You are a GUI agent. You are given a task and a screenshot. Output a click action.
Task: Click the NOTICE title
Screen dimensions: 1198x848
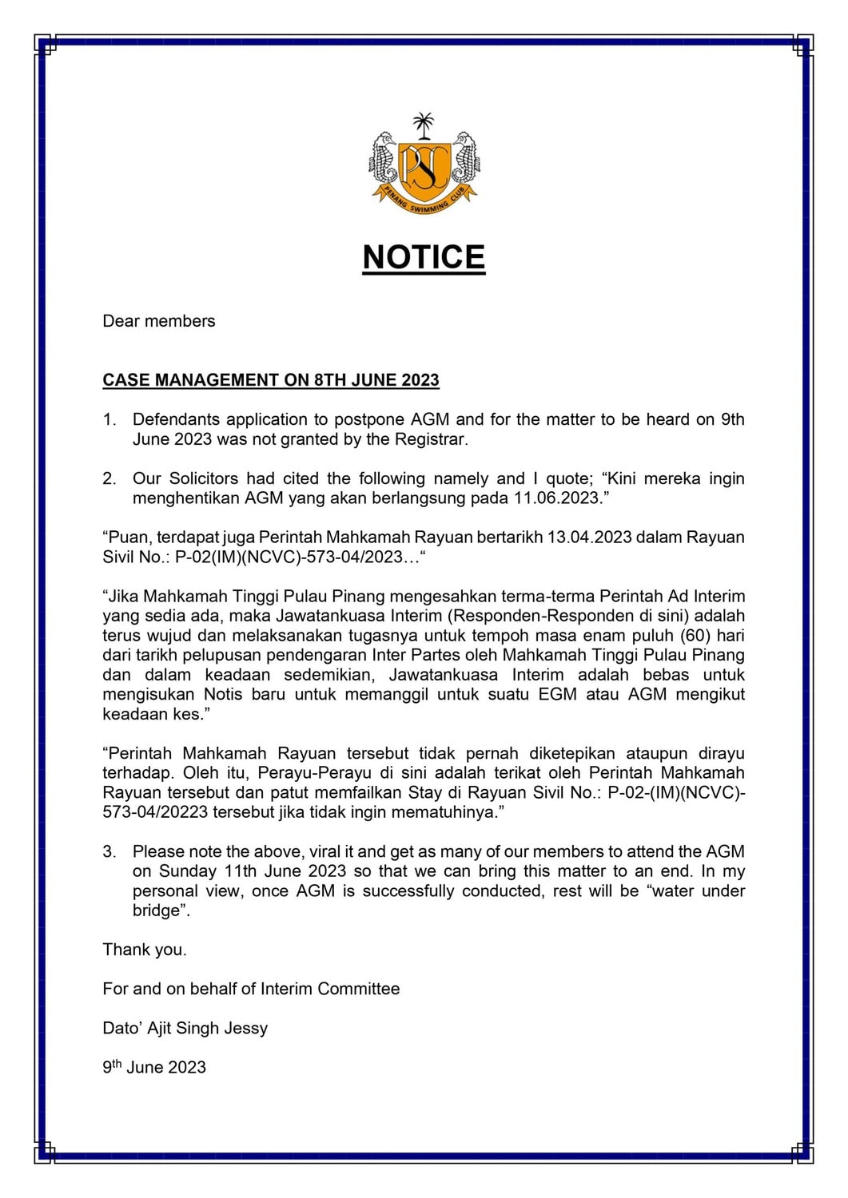[424, 257]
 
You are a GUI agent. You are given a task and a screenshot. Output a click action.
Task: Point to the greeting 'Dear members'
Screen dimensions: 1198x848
[159, 321]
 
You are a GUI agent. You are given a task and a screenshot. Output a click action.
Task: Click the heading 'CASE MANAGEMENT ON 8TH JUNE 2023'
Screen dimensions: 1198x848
[271, 380]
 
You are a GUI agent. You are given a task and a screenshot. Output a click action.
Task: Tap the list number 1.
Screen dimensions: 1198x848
[109, 419]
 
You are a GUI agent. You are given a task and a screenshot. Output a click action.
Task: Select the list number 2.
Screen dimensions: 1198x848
[109, 478]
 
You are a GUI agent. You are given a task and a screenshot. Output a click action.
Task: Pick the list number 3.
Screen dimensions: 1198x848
[109, 851]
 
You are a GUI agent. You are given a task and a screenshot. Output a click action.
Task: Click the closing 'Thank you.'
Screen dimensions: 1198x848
[145, 950]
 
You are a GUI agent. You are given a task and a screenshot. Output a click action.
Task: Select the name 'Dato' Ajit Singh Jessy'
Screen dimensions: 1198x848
[185, 1028]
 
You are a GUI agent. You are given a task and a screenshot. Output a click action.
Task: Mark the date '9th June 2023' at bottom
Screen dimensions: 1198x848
[154, 1067]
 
